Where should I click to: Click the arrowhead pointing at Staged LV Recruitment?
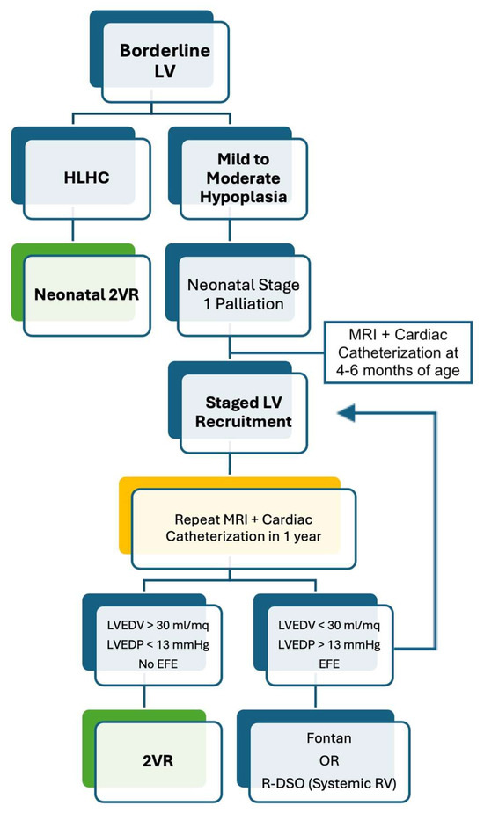[346, 410]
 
